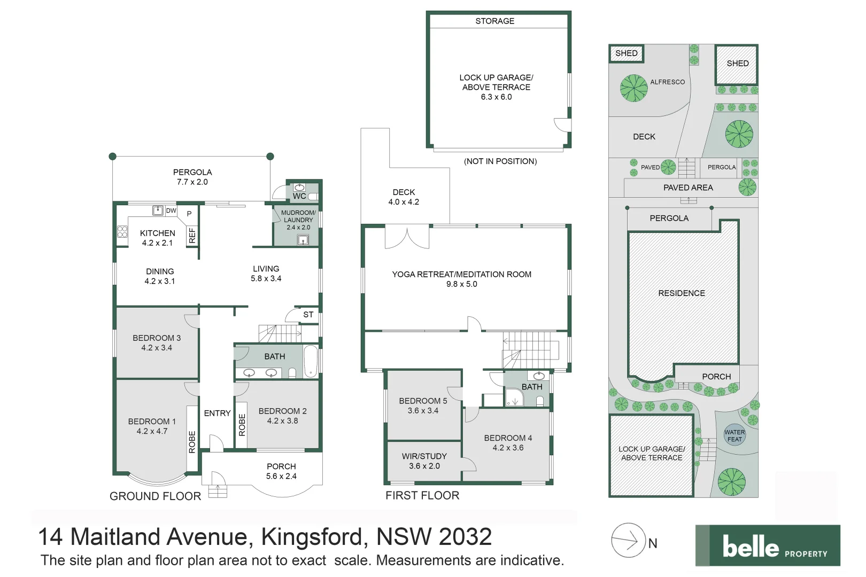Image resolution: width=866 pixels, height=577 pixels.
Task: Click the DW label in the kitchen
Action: (x=171, y=210)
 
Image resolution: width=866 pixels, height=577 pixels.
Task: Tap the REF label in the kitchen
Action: (x=192, y=236)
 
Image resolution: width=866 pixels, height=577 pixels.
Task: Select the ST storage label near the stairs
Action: (x=308, y=315)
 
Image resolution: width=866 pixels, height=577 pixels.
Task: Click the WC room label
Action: (x=299, y=196)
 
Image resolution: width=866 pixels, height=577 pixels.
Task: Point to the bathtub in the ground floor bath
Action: (x=311, y=362)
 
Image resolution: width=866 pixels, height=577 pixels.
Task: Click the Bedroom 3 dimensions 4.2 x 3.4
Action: (x=157, y=348)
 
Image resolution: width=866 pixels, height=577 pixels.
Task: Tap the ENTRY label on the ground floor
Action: (x=217, y=413)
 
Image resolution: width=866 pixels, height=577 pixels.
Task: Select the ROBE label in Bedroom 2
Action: (x=242, y=425)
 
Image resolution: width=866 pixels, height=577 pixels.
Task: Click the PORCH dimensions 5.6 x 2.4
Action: (x=281, y=476)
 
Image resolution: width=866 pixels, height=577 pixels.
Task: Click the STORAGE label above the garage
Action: (x=495, y=21)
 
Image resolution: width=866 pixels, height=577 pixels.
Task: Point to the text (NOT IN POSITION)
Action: (x=500, y=161)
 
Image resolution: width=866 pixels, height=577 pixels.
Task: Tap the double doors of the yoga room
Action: (x=407, y=238)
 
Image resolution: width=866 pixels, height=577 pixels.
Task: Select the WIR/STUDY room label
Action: (x=424, y=456)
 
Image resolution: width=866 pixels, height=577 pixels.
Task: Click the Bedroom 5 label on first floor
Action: (x=423, y=401)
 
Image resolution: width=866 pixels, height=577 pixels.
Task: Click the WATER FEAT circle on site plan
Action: (x=734, y=436)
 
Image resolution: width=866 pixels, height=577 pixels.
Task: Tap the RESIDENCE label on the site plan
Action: (x=682, y=293)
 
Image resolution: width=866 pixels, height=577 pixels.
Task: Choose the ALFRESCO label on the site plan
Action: (x=667, y=82)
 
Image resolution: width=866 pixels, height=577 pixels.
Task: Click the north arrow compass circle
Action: (x=629, y=540)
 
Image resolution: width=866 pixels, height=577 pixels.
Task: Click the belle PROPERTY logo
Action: (x=768, y=545)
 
